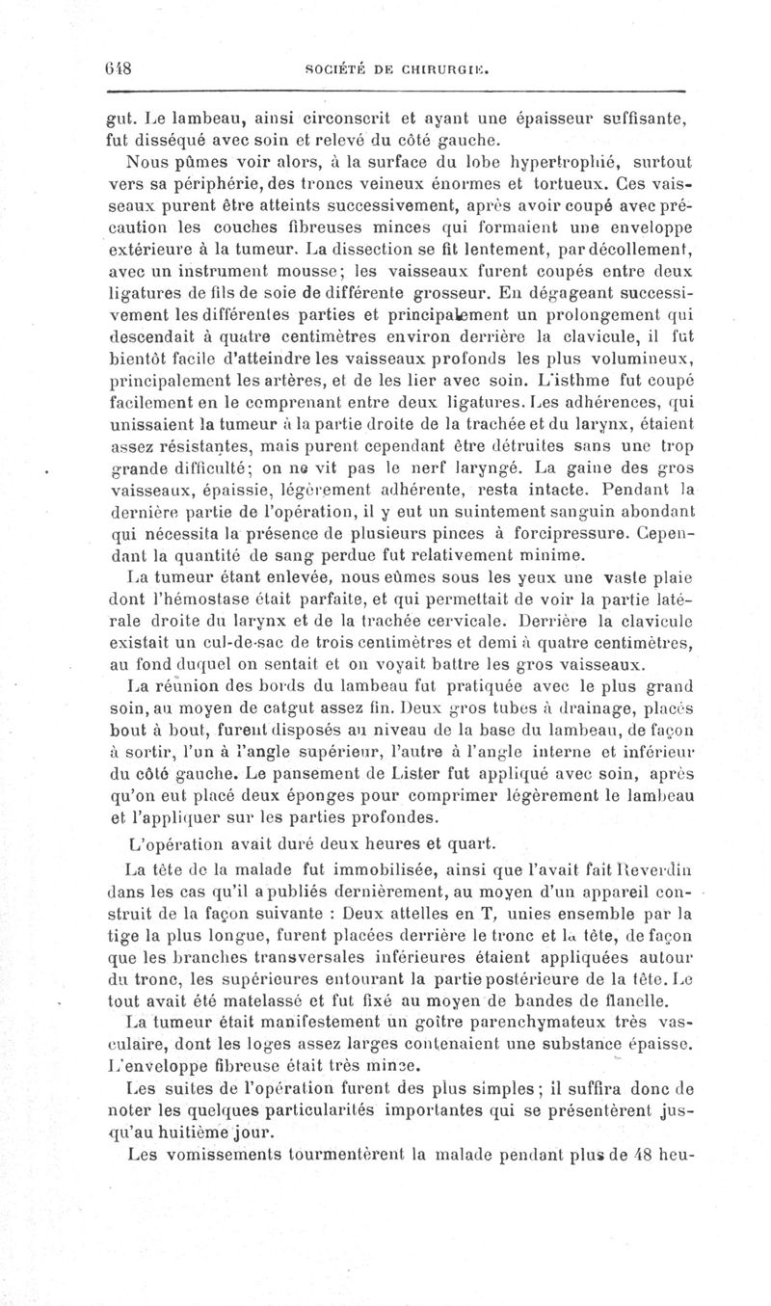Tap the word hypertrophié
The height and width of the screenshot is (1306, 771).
pyautogui.click(x=546, y=162)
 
